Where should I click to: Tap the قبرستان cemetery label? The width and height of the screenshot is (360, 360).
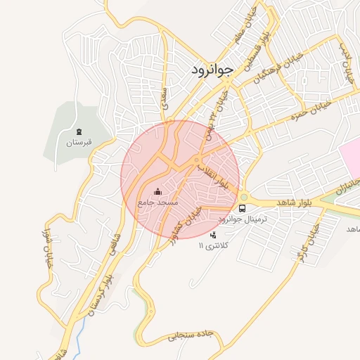pos(79,143)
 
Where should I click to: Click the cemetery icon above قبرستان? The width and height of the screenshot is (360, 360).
pos(79,131)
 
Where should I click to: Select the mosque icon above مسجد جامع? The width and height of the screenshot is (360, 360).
pos(157,191)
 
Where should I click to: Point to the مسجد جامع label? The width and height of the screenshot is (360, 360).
pos(157,202)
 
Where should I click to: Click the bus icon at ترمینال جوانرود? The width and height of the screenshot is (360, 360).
pos(243,208)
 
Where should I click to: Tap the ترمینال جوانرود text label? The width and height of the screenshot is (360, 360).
pos(243,219)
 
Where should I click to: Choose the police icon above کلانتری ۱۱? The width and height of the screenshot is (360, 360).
pos(214,234)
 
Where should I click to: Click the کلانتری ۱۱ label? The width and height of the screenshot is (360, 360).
pos(213,245)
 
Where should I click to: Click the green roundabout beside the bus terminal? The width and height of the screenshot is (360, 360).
pos(244,198)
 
